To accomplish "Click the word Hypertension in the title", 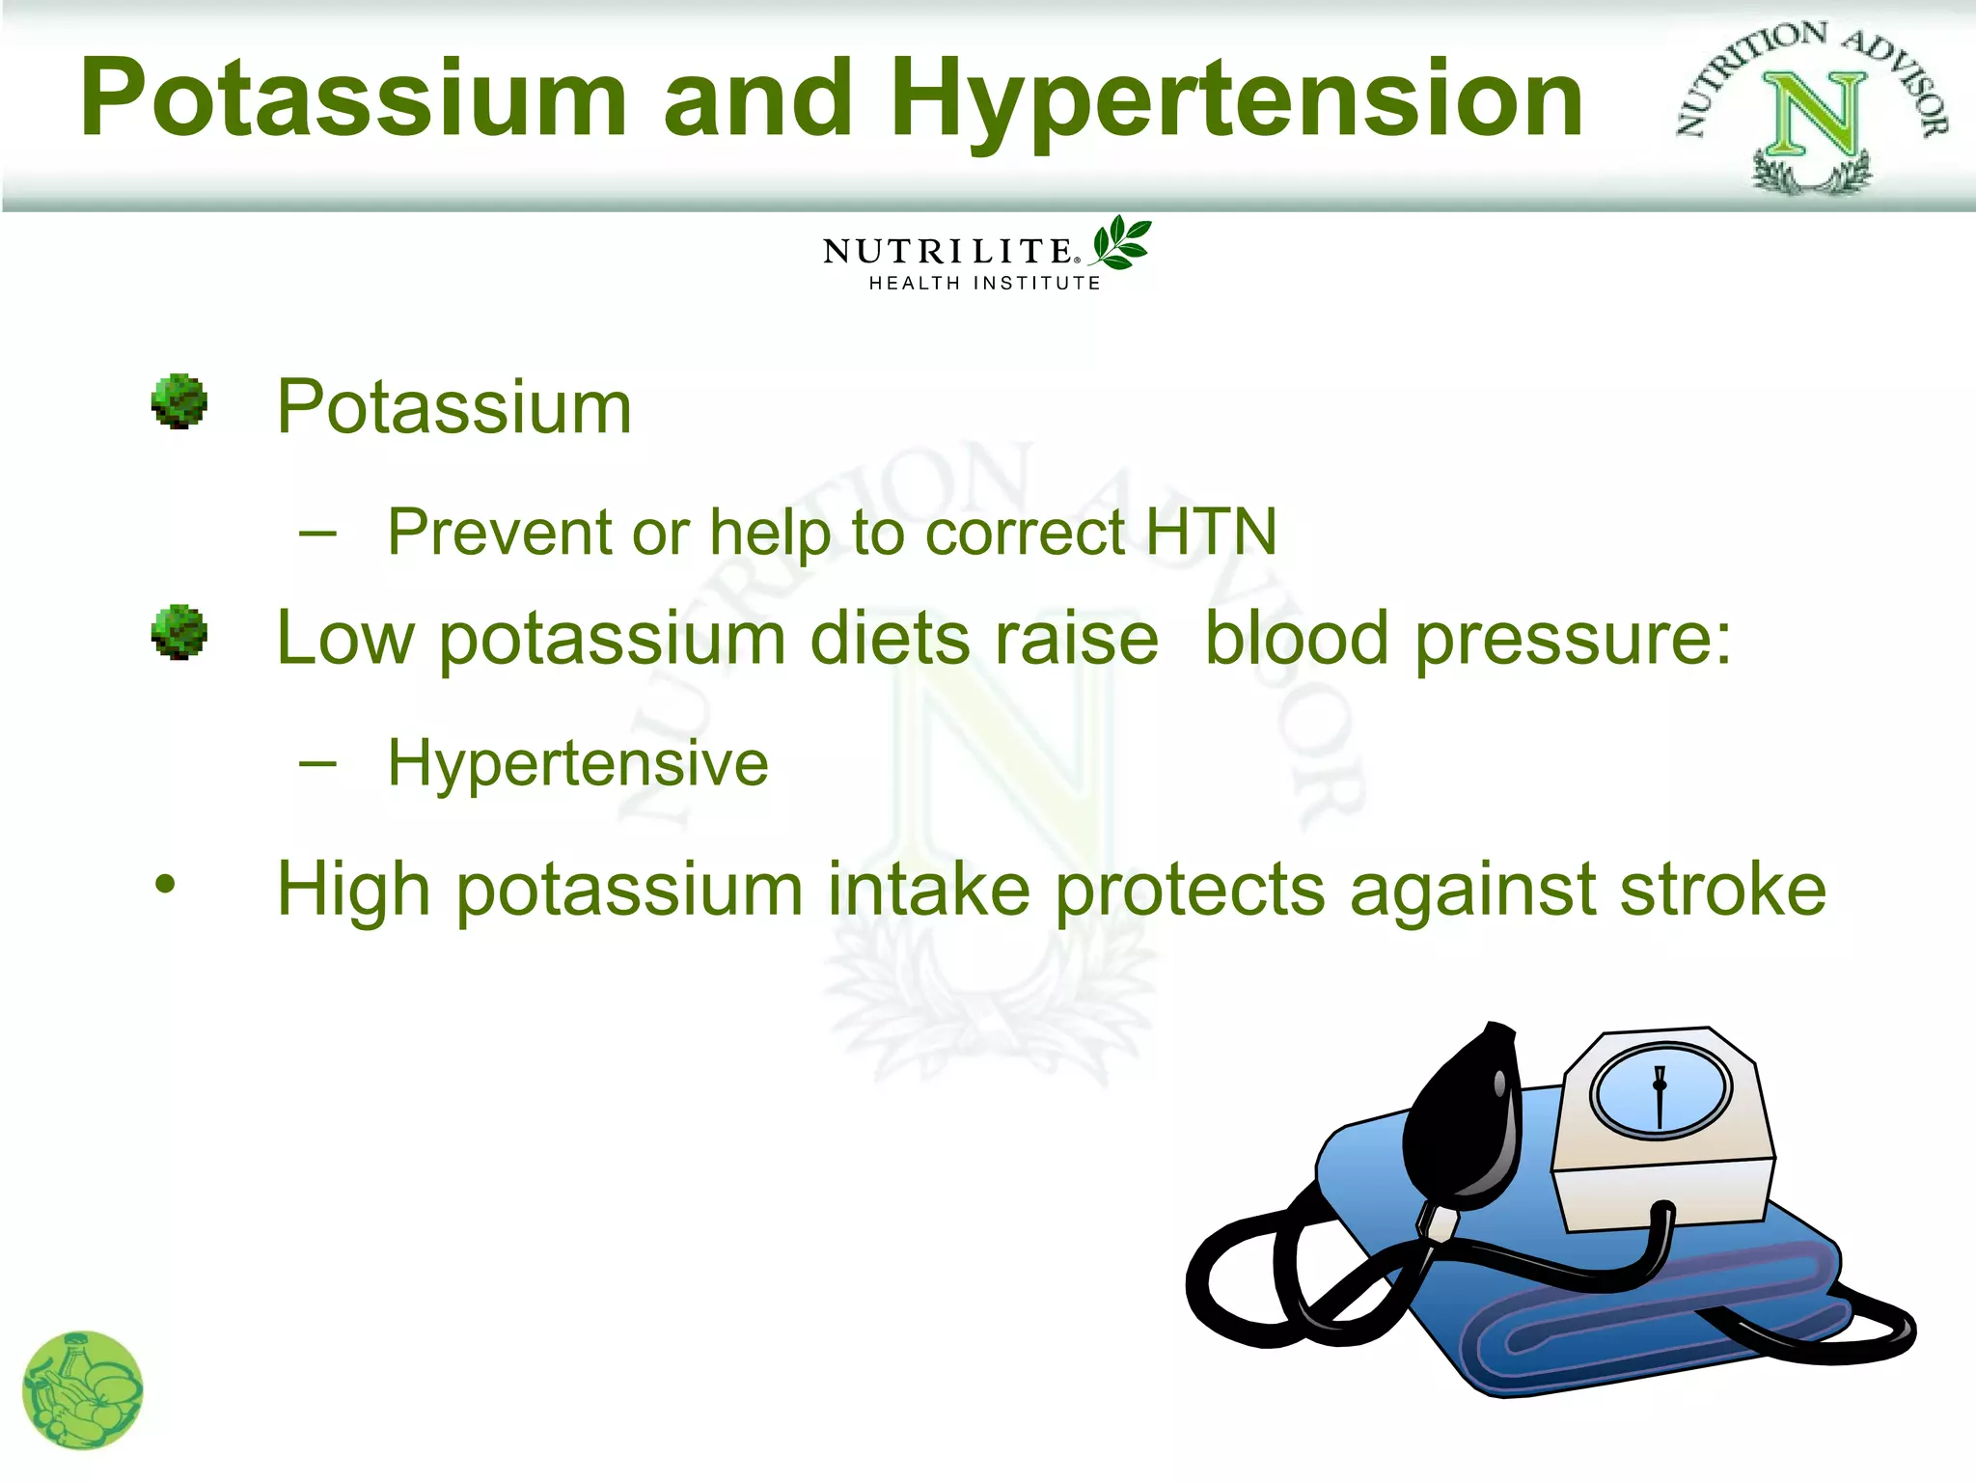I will point(1236,100).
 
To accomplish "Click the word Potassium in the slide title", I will point(353,98).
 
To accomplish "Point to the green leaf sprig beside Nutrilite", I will point(1121,242).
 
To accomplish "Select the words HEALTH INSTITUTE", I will point(984,284).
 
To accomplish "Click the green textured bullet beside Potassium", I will point(179,402).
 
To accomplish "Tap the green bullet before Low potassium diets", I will point(179,633).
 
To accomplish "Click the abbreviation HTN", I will point(1210,533).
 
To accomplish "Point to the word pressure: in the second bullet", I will point(1574,639).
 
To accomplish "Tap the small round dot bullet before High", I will point(166,884).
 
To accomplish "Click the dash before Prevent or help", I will point(317,534).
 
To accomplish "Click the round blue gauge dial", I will point(1660,1090).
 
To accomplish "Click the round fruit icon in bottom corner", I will point(83,1389).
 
